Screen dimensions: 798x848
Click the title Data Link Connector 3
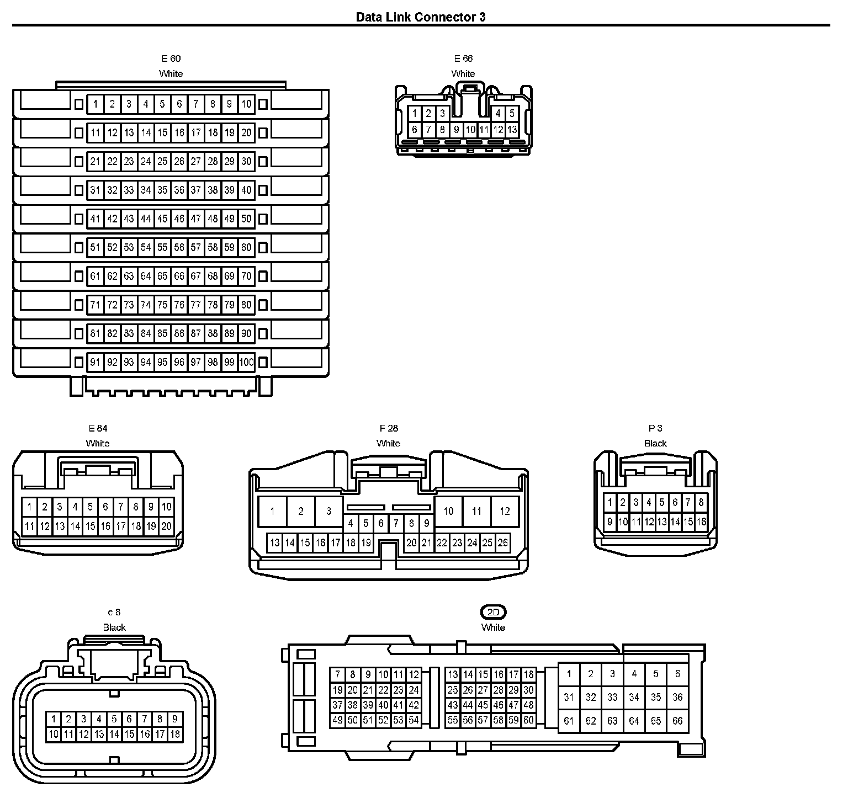pyautogui.click(x=421, y=17)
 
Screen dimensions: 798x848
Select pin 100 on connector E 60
pyautogui.click(x=246, y=362)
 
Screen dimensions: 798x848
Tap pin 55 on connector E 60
pyautogui.click(x=162, y=247)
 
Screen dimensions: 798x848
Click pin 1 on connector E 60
pyautogui.click(x=96, y=104)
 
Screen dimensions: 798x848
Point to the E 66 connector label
pyautogui.click(x=463, y=58)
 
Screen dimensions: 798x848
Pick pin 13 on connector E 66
pyautogui.click(x=512, y=130)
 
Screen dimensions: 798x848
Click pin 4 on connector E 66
pyautogui.click(x=498, y=114)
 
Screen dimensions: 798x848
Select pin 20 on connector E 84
pyautogui.click(x=166, y=526)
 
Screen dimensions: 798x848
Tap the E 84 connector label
pyautogui.click(x=98, y=428)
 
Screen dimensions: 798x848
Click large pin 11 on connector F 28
pyautogui.click(x=476, y=511)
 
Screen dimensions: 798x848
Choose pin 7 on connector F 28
pyautogui.click(x=396, y=523)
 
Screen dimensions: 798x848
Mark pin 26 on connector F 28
pyautogui.click(x=502, y=542)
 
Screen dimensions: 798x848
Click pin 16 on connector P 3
pyautogui.click(x=701, y=521)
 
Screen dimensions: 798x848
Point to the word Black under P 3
pyautogui.click(x=655, y=443)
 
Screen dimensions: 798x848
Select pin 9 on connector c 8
pyautogui.click(x=174, y=719)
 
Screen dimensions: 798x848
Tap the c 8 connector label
pyautogui.click(x=114, y=612)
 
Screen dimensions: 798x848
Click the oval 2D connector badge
pyautogui.click(x=494, y=612)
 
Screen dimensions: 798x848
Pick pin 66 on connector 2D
pyautogui.click(x=677, y=720)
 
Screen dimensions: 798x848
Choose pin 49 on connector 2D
pyautogui.click(x=337, y=720)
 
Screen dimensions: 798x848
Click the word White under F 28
pyautogui.click(x=389, y=443)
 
